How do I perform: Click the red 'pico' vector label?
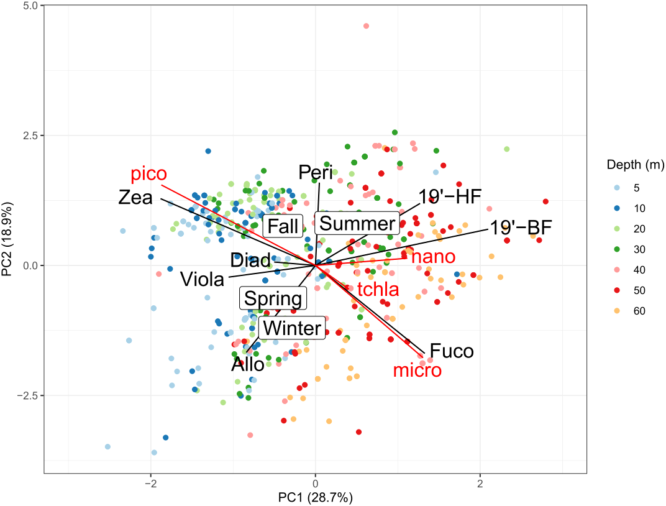tap(148, 175)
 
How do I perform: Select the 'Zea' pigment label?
tap(135, 198)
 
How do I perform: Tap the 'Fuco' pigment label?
tap(451, 351)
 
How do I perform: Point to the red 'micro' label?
tap(417, 370)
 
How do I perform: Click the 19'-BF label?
tap(521, 228)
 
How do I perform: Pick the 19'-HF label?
tap(450, 197)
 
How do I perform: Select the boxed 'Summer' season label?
tap(356, 224)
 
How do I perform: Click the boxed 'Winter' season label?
tap(292, 328)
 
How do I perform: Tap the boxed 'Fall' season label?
tap(283, 226)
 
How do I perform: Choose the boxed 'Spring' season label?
tap(273, 299)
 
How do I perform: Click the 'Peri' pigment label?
tap(316, 172)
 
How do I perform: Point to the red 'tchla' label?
tap(377, 289)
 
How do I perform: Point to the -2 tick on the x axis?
tap(150, 484)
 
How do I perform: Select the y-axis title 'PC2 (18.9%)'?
tap(8, 239)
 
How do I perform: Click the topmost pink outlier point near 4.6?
tap(366, 26)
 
